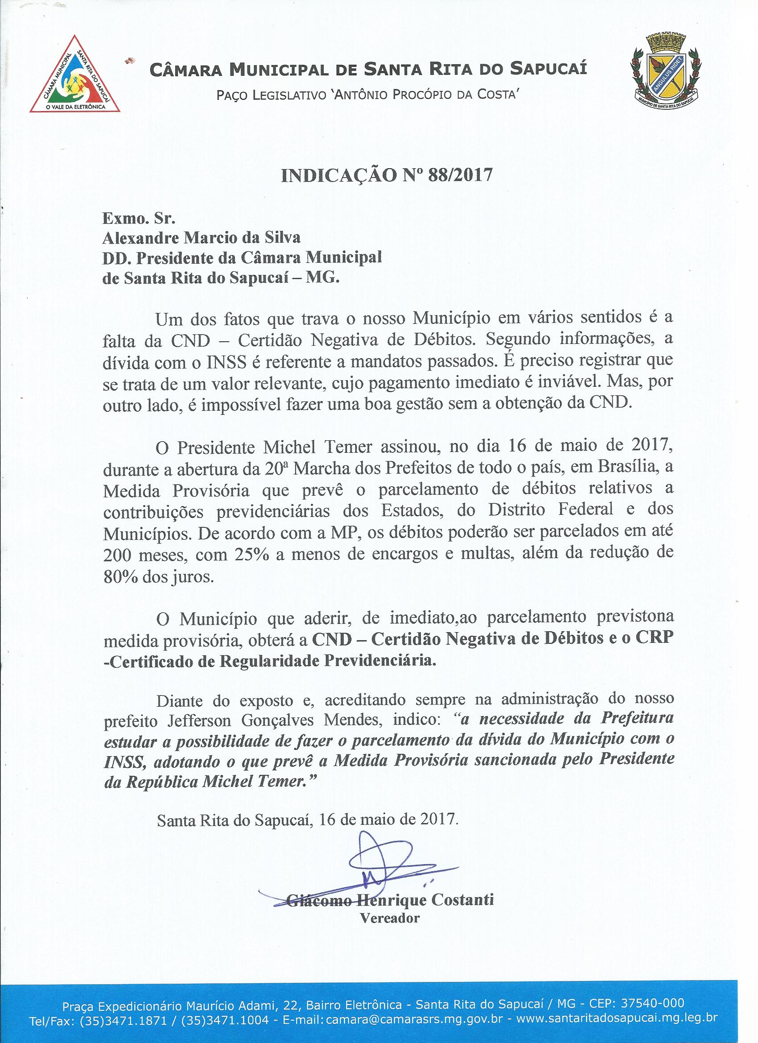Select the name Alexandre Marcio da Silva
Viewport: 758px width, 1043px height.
click(x=202, y=238)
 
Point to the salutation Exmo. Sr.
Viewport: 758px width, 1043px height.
click(x=139, y=217)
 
